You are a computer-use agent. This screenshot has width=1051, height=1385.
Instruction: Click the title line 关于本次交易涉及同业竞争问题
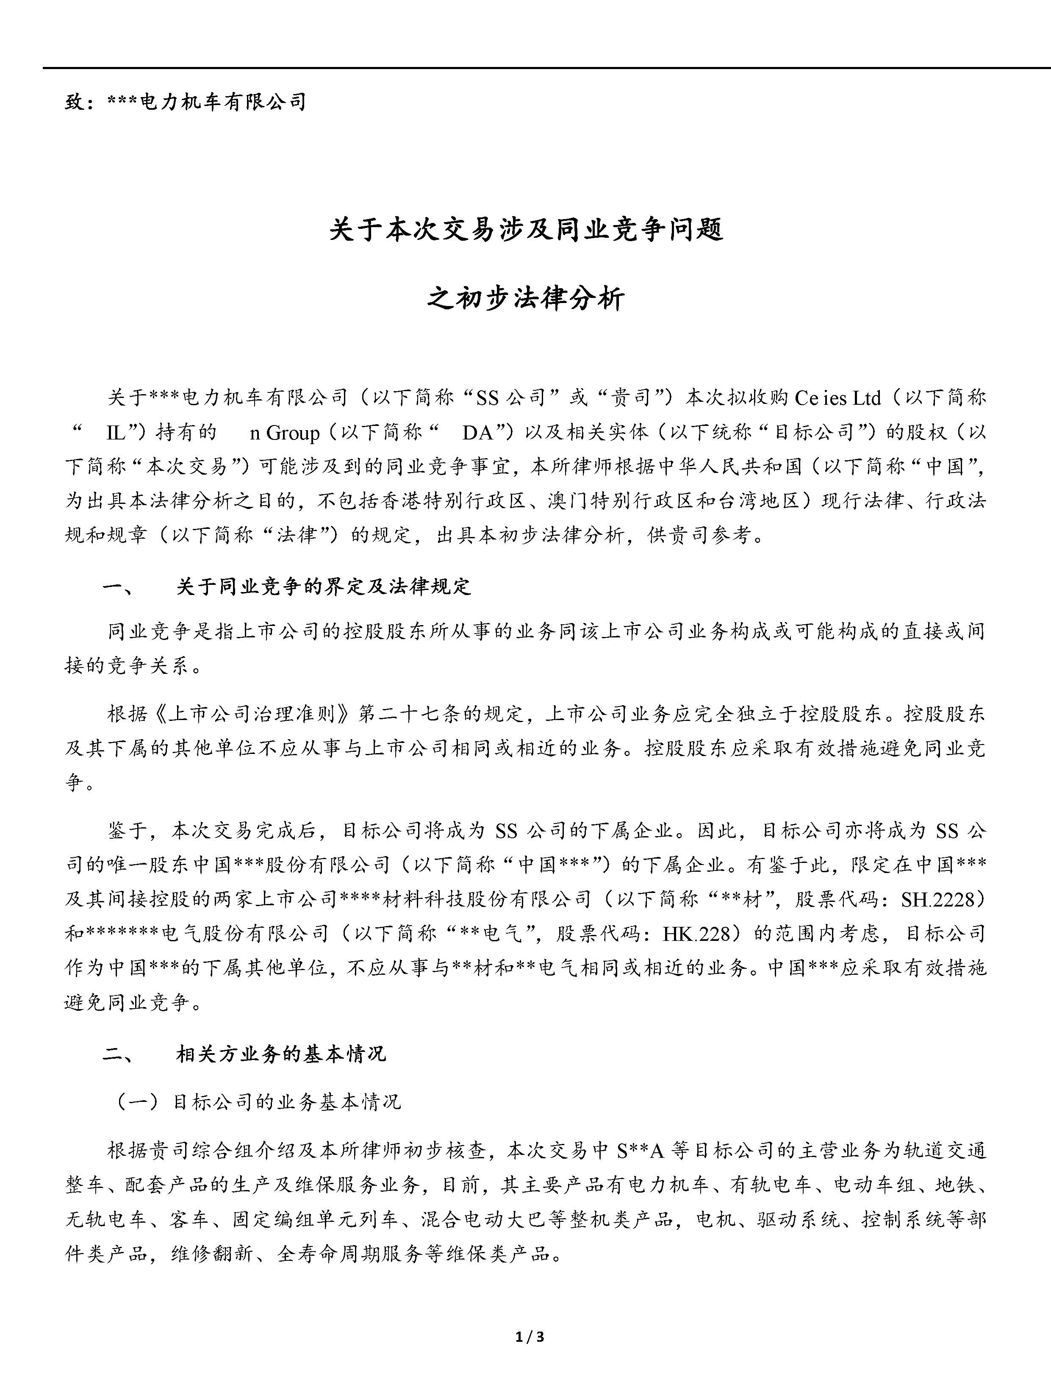coord(526,229)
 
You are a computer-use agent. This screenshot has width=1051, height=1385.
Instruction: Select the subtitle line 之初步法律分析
coord(526,298)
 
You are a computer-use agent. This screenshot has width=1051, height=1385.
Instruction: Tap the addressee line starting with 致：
coord(185,101)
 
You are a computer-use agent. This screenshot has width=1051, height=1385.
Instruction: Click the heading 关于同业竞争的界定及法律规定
coord(323,587)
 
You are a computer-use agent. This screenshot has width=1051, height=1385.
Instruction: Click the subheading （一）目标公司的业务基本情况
coord(255,1102)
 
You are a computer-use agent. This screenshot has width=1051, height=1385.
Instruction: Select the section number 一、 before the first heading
coord(117,587)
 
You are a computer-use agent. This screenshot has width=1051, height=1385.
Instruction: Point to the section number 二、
coord(117,1054)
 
